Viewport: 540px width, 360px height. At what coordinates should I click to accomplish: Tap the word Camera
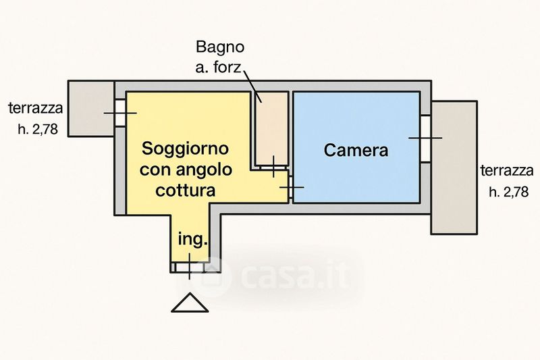point(356,150)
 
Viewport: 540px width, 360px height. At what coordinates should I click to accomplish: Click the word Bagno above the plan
point(219,48)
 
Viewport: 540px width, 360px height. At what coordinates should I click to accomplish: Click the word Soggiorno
point(185,148)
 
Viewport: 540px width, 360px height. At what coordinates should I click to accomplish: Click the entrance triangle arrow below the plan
point(190,303)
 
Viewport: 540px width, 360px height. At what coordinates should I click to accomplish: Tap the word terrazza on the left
point(35,108)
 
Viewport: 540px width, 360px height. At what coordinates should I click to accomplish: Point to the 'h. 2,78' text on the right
point(508,192)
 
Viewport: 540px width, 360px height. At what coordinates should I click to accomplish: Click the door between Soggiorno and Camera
point(290,187)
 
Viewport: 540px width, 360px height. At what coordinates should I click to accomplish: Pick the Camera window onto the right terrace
point(425,138)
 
